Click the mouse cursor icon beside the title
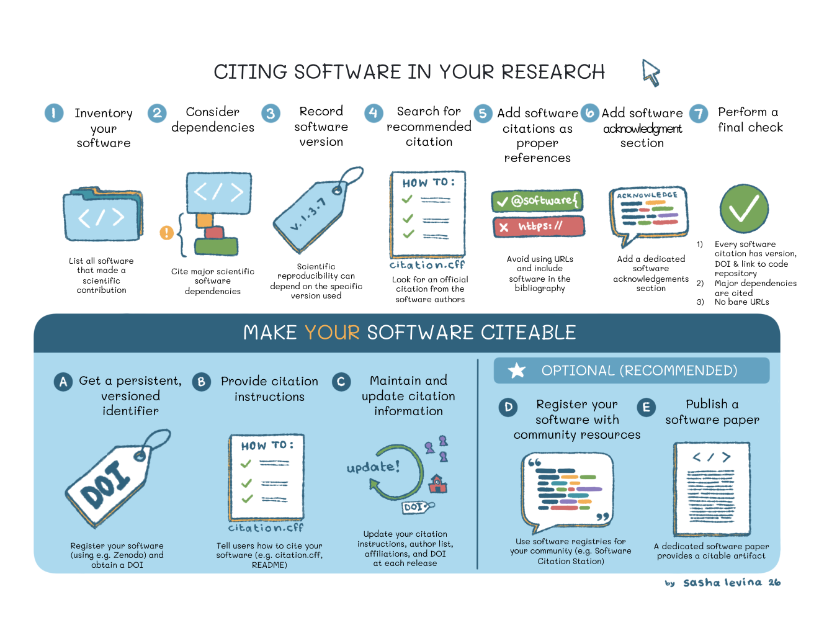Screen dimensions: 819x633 (x=650, y=73)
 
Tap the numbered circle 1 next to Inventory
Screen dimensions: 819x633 (x=54, y=113)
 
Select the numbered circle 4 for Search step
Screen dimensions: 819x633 (x=373, y=113)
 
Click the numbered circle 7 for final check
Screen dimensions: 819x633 (x=699, y=113)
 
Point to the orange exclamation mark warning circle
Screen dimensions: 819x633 (x=166, y=233)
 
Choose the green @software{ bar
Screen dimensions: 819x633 (x=537, y=200)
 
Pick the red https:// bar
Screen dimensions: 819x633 (x=539, y=227)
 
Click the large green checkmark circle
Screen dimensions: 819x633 (x=744, y=209)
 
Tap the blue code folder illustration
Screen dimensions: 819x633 (x=103, y=213)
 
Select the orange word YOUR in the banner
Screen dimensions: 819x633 (x=332, y=332)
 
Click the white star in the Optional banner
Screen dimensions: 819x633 (x=516, y=370)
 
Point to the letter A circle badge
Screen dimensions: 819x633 (x=63, y=382)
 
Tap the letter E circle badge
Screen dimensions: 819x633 (x=646, y=407)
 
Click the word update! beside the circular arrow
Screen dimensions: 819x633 (x=373, y=467)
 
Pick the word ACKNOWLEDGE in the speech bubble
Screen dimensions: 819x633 (x=647, y=195)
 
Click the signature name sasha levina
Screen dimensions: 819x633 (x=722, y=583)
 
